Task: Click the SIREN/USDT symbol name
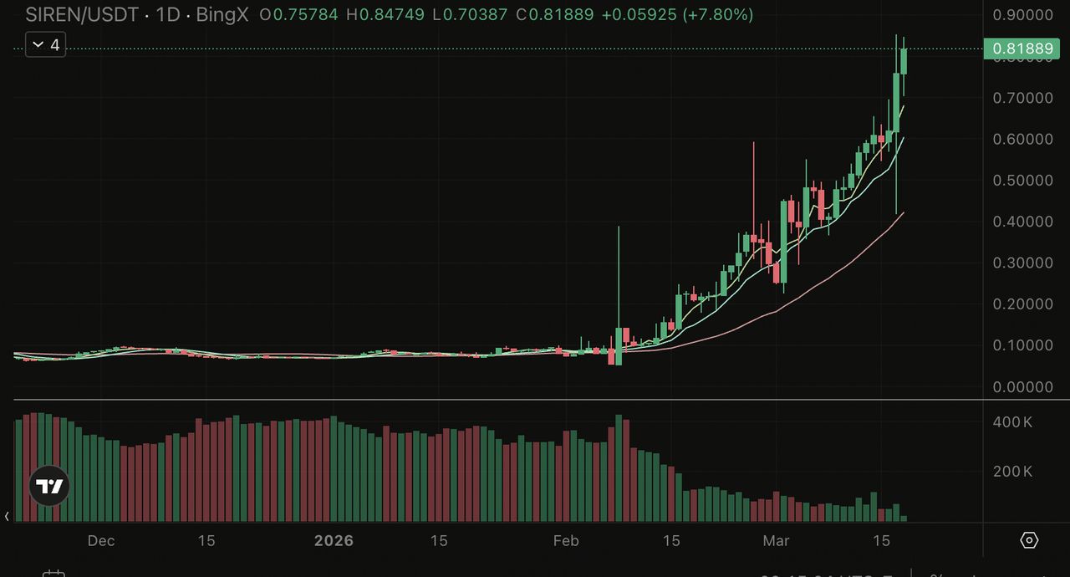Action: tap(81, 15)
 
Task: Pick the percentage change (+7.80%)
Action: tap(718, 15)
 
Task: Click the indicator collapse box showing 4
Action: tap(45, 45)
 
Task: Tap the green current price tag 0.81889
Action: tap(1022, 49)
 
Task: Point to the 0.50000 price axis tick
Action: tap(1022, 181)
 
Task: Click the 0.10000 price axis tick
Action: tap(1022, 345)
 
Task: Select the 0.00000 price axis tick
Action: tap(1022, 387)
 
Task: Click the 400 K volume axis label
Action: tap(1012, 422)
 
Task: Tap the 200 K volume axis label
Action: tap(1012, 472)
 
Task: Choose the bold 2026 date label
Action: tap(334, 541)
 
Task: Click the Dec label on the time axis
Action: tap(101, 541)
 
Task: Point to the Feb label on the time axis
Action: tap(566, 541)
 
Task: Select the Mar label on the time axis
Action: tap(776, 541)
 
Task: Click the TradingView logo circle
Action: tap(49, 486)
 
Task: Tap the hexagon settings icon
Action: tap(1030, 540)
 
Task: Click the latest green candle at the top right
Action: tap(904, 61)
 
